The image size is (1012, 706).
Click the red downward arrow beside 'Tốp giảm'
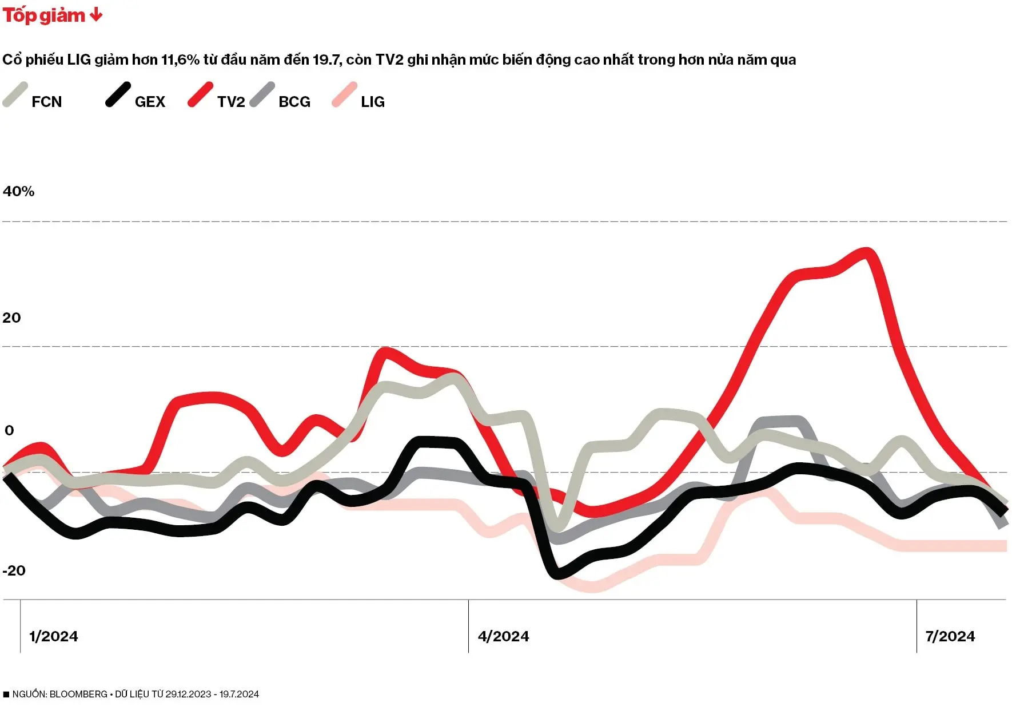[96, 15]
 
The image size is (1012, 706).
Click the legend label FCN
[46, 102]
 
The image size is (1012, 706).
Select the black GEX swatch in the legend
[118, 95]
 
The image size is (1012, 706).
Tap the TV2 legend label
[230, 102]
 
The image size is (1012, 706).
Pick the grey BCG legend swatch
[262, 95]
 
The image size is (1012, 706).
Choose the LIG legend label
[372, 102]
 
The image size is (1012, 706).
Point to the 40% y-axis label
[18, 192]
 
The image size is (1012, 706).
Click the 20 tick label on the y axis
[11, 318]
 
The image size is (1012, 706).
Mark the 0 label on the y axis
[9, 430]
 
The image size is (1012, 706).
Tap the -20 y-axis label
[14, 570]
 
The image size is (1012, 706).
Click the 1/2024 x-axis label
[53, 636]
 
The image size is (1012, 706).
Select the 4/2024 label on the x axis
[503, 636]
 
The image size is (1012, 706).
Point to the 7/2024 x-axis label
[950, 636]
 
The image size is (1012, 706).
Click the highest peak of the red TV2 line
[867, 251]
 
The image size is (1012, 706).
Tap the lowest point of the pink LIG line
[592, 587]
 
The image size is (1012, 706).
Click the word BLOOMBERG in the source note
[78, 694]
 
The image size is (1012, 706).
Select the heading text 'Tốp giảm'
[43, 15]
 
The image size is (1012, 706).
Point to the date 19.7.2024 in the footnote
[239, 694]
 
